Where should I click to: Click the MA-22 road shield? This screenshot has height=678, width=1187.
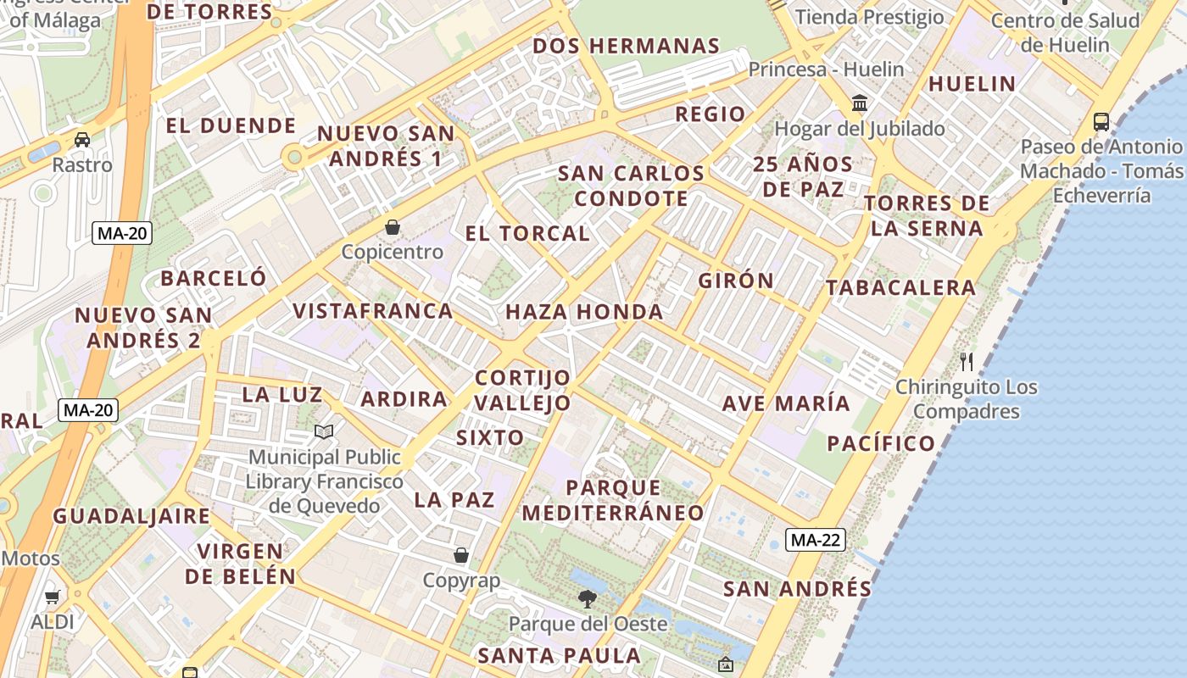point(815,540)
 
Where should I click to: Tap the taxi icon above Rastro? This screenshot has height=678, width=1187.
point(82,140)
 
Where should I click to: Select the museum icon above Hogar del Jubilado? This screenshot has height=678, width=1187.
point(860,103)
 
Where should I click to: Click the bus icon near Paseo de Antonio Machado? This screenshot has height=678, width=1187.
point(1101,122)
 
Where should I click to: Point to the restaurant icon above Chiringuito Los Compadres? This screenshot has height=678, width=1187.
point(967,362)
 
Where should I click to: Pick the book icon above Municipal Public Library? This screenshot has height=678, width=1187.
point(324,432)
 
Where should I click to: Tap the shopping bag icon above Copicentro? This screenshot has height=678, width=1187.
point(393,227)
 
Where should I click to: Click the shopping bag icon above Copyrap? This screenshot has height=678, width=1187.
point(461,555)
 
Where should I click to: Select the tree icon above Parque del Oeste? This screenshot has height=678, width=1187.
point(587,599)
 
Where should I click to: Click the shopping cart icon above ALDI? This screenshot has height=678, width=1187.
point(53,597)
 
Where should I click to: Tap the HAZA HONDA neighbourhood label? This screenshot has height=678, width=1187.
point(584,312)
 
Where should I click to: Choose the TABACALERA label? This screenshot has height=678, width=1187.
point(901,287)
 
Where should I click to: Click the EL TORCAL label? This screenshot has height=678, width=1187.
point(527,233)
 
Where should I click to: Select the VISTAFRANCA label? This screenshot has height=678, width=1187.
point(373,310)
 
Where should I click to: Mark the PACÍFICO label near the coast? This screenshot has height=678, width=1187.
point(881,443)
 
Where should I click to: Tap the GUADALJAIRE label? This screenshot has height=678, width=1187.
point(131,516)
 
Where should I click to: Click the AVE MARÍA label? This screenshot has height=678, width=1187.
point(786,403)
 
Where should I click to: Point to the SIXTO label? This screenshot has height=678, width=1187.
point(490,437)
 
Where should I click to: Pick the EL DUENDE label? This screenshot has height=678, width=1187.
point(231,126)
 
